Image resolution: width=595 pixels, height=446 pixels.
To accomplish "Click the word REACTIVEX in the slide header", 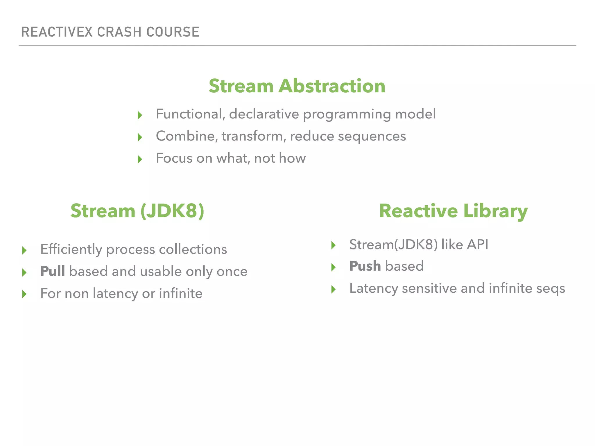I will coord(57,32).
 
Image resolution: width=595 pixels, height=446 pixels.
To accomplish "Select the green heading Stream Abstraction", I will coord(297,86).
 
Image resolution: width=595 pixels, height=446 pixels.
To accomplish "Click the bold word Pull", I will coord(53,271).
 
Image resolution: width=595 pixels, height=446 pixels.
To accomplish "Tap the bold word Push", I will coord(365,266).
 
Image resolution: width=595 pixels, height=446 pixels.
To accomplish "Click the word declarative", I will coord(264,114).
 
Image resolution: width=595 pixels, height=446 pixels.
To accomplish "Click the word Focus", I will coord(174,158).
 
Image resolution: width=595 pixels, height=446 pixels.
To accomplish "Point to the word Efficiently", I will coord(71,249).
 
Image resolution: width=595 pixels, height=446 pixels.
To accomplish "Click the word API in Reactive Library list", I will coord(477,244).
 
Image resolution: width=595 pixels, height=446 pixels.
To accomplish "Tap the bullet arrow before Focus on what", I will coord(140,159).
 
